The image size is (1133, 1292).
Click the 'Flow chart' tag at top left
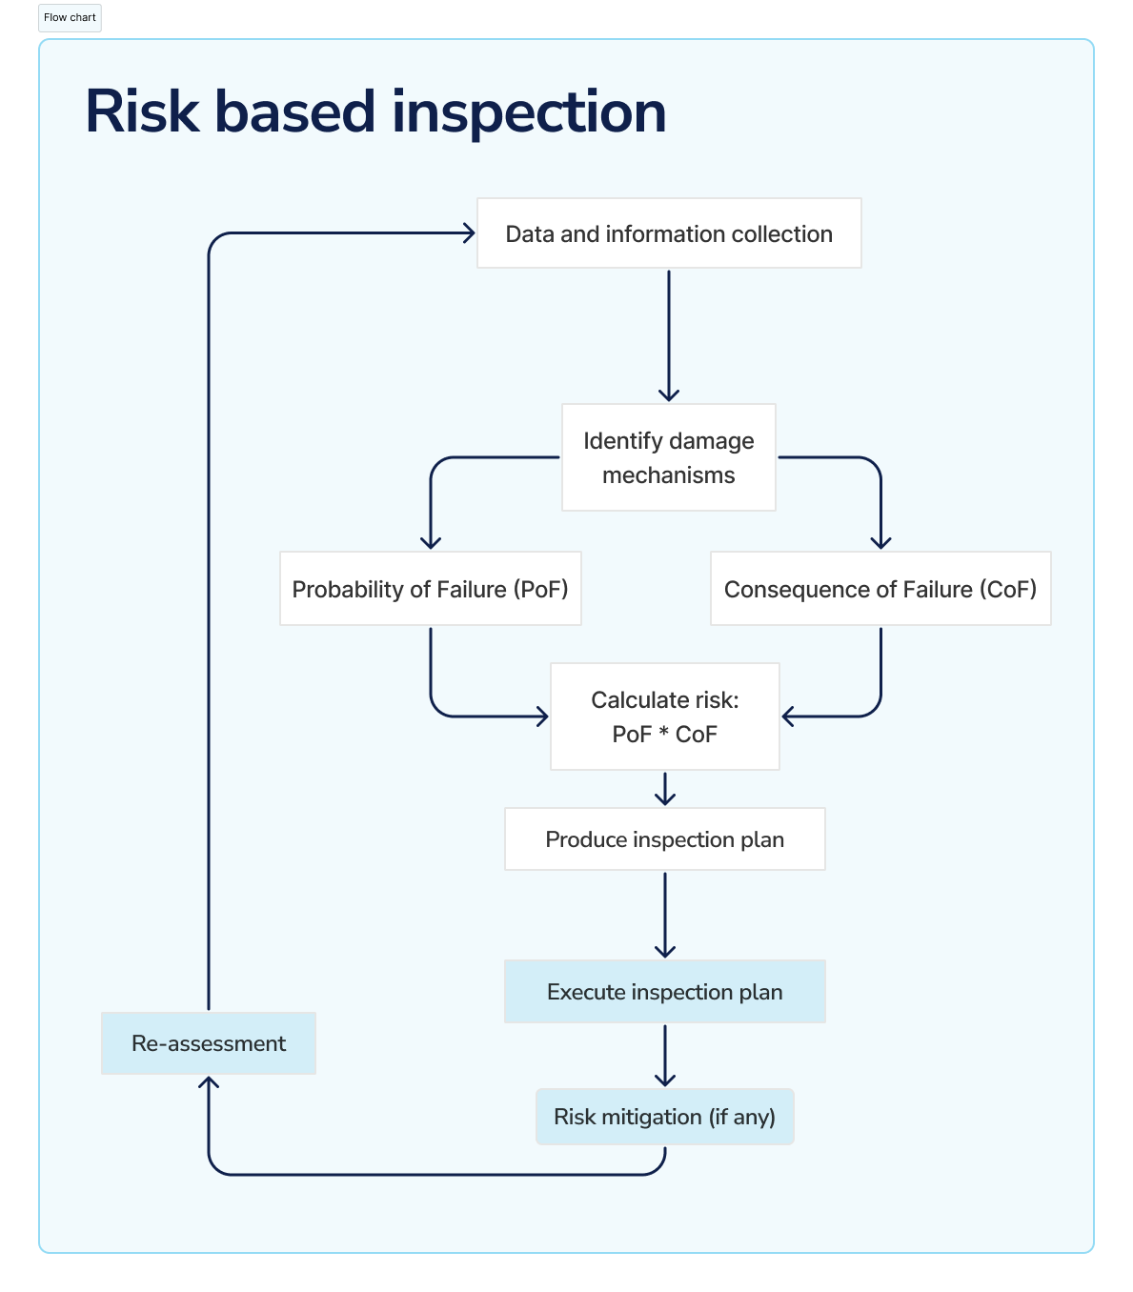pos(70,18)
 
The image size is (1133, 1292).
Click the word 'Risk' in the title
pos(142,112)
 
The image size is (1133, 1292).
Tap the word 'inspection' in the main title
pos(528,112)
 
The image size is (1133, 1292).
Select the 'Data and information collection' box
pos(669,233)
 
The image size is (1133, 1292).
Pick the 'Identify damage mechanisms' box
pos(668,457)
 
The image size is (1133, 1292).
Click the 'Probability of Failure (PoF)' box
pos(430,589)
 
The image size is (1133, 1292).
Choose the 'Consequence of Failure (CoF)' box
pos(880,589)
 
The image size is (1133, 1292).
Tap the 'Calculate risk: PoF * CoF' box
pos(664,717)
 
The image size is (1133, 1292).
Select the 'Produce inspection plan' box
pos(664,839)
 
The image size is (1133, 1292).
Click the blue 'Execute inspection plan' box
pos(664,992)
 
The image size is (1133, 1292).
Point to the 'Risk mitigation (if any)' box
pos(664,1117)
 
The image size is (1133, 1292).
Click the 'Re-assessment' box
pos(208,1043)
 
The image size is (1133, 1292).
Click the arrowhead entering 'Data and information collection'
pos(468,232)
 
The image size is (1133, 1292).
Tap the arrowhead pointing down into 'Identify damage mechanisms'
pos(669,394)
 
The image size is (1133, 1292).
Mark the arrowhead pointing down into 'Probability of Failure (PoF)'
pos(431,542)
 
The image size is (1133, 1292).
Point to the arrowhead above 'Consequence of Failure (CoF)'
pos(880,542)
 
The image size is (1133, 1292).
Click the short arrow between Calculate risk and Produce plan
pos(665,790)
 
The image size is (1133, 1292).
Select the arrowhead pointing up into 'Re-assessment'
pos(209,1082)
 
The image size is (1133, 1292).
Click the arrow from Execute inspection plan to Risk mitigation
pos(665,1056)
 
